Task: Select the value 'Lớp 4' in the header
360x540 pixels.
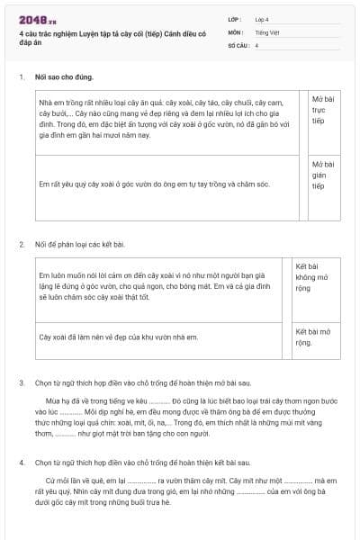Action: pyautogui.click(x=262, y=19)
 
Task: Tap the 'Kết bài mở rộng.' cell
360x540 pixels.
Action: pyautogui.click(x=316, y=337)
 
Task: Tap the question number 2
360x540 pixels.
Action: pyautogui.click(x=22, y=244)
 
